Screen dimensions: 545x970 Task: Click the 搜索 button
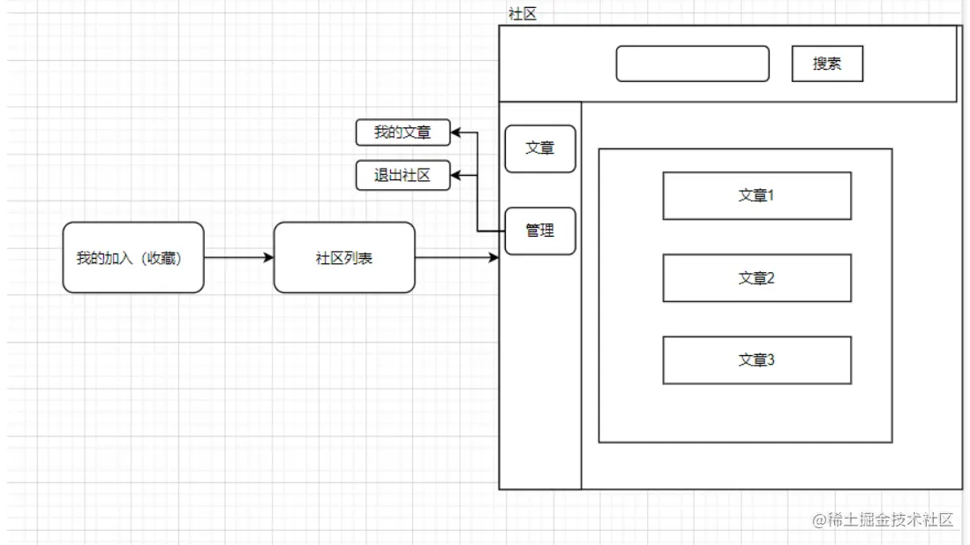pyautogui.click(x=827, y=64)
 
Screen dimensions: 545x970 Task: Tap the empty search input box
pyautogui.click(x=692, y=64)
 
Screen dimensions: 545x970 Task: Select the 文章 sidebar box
pyautogui.click(x=540, y=148)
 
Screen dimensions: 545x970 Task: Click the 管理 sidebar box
pyautogui.click(x=540, y=231)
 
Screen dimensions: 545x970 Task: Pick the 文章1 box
pyautogui.click(x=756, y=195)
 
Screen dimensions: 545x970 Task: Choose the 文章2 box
pyautogui.click(x=756, y=277)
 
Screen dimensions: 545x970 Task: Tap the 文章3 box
pyautogui.click(x=756, y=360)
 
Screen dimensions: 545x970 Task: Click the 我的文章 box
pyautogui.click(x=402, y=132)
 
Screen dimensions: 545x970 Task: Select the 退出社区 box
pyautogui.click(x=402, y=175)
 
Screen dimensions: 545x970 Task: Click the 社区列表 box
pyautogui.click(x=344, y=258)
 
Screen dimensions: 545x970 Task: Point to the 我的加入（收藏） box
pyautogui.click(x=133, y=258)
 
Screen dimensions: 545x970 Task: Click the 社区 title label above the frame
pyautogui.click(x=523, y=13)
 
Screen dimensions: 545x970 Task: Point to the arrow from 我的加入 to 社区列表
pyautogui.click(x=238, y=258)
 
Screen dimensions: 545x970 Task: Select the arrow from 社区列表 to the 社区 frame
pyautogui.click(x=456, y=258)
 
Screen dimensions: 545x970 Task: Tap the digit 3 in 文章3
pyautogui.click(x=771, y=360)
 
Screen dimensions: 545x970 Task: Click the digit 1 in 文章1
pyautogui.click(x=771, y=195)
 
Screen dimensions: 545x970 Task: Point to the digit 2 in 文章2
pyautogui.click(x=771, y=277)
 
